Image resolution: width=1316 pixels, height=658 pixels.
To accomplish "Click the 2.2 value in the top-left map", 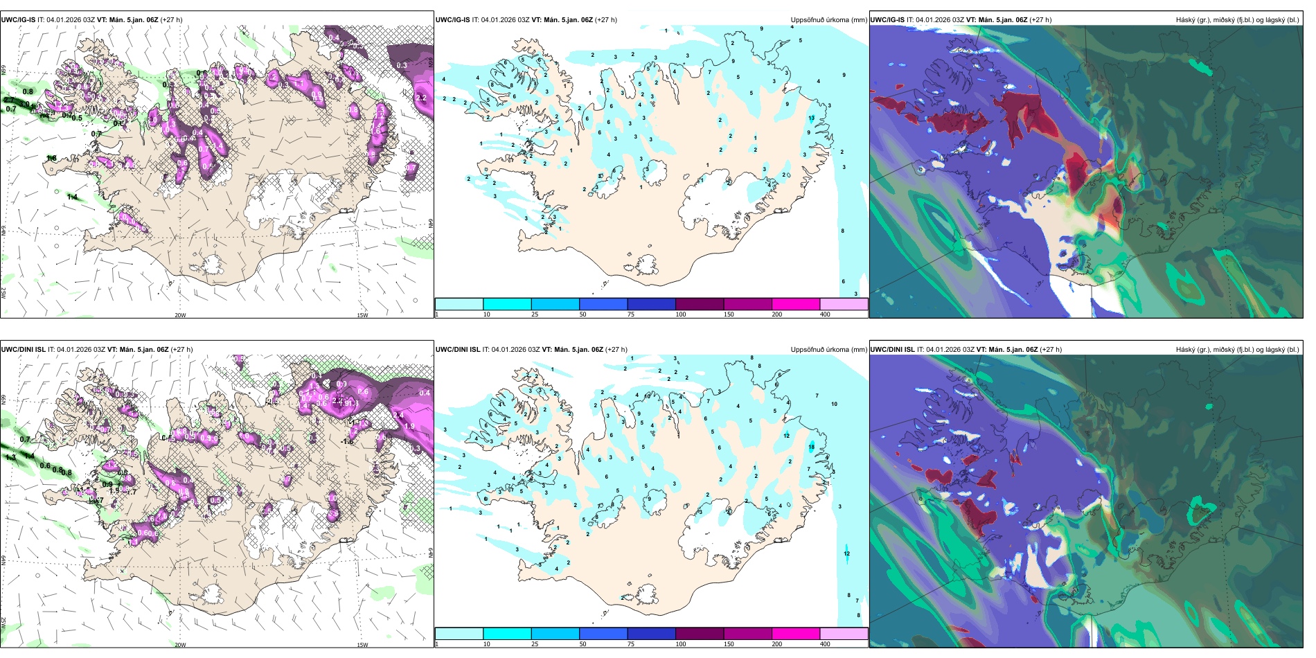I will coord(420,98).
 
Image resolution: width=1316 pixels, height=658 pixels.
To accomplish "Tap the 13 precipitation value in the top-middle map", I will coord(811,118).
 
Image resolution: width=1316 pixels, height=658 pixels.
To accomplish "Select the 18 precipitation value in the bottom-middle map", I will coord(811,447).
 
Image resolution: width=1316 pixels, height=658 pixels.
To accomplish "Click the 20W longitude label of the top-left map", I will coord(180,315).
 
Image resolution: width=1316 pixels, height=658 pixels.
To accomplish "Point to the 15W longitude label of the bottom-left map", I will coord(362,645).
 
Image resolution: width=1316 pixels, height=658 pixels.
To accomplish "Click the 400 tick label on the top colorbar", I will coord(825,314).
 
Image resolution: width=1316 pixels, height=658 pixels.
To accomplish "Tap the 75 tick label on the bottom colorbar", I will coord(631,644).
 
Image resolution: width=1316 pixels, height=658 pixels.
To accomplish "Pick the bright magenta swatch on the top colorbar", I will coord(795,304).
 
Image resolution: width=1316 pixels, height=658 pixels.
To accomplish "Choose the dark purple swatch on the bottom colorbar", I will coord(699,634).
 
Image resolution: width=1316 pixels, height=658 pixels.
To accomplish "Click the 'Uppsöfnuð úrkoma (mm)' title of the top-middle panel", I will coord(828,20).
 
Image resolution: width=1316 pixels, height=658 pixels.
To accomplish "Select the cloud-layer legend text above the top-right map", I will coord(1237,20).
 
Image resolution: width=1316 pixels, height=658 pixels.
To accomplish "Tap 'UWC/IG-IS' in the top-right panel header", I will coord(887,20).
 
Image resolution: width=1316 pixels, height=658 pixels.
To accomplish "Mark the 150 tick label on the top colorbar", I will coord(729,314).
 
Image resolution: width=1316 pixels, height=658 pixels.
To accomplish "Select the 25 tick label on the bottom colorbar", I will coord(535,644).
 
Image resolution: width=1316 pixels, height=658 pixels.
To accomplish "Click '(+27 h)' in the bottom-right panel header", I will coord(1051,349).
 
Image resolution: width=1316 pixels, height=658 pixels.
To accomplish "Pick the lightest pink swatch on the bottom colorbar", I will coord(843,634).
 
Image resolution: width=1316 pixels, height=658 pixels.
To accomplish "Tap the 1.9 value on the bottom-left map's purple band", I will coord(409,426).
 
